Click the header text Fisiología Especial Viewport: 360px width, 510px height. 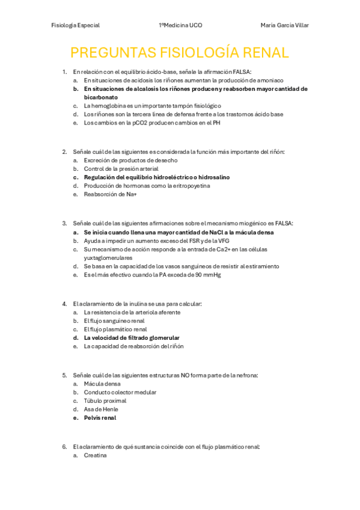pos(76,25)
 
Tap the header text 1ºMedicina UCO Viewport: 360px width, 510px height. pos(180,25)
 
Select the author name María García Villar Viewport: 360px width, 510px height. pos(285,25)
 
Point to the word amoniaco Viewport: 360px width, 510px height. pos(270,80)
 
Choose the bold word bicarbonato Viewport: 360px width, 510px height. pos(101,97)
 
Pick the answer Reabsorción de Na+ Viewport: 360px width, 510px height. pos(111,194)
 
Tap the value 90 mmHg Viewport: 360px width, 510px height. pos(206,275)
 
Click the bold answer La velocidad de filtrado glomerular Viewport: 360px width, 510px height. pos(132,338)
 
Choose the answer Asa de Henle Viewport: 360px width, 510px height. pos(102,409)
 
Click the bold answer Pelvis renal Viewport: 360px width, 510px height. pos(100,417)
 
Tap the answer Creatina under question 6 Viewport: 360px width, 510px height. pos(96,455)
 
